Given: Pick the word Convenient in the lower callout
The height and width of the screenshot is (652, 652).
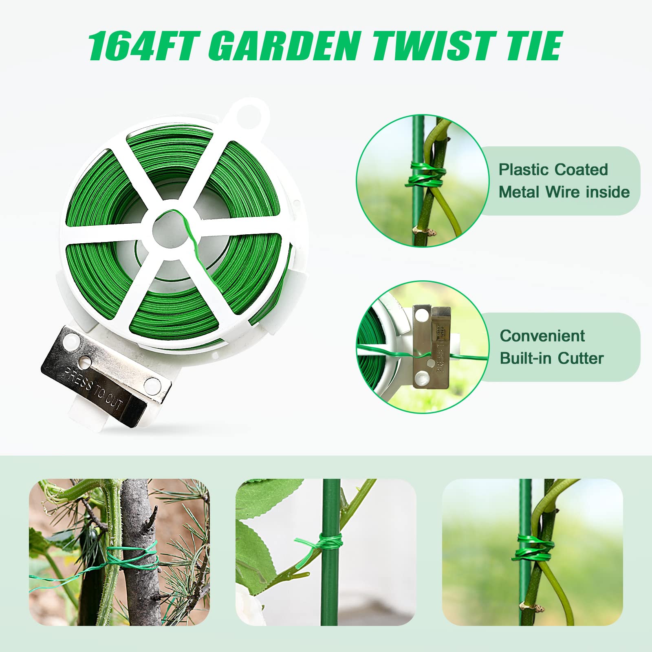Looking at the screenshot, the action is click(x=542, y=336).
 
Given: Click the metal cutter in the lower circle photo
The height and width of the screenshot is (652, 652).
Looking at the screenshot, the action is click(x=431, y=346).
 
